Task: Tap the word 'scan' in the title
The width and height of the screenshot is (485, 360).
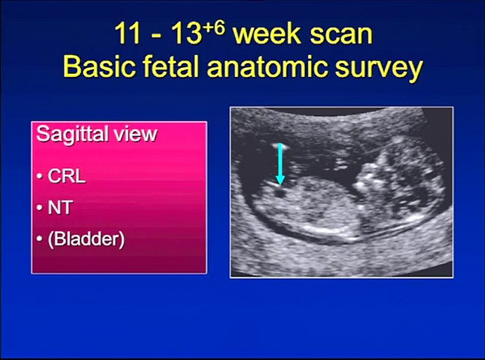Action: [x=341, y=35]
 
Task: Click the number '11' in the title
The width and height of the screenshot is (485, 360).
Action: [x=128, y=33]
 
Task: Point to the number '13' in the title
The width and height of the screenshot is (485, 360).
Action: [x=185, y=33]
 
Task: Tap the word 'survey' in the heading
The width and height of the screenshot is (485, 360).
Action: [x=379, y=69]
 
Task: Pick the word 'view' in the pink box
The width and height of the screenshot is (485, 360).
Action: [x=135, y=134]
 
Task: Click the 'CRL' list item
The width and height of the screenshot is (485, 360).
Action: [x=66, y=176]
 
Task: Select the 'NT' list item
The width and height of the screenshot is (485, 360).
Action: [x=60, y=208]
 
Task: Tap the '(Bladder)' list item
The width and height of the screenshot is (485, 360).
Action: [x=87, y=239]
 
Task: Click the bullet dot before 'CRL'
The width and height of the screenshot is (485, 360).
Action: [x=39, y=177]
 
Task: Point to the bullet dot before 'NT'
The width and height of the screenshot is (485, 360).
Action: [x=39, y=208]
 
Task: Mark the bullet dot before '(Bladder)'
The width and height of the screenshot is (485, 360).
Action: [x=39, y=239]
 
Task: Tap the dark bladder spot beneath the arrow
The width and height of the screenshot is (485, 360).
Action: [x=281, y=194]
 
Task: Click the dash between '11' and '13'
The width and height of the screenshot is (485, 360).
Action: [x=156, y=36]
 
